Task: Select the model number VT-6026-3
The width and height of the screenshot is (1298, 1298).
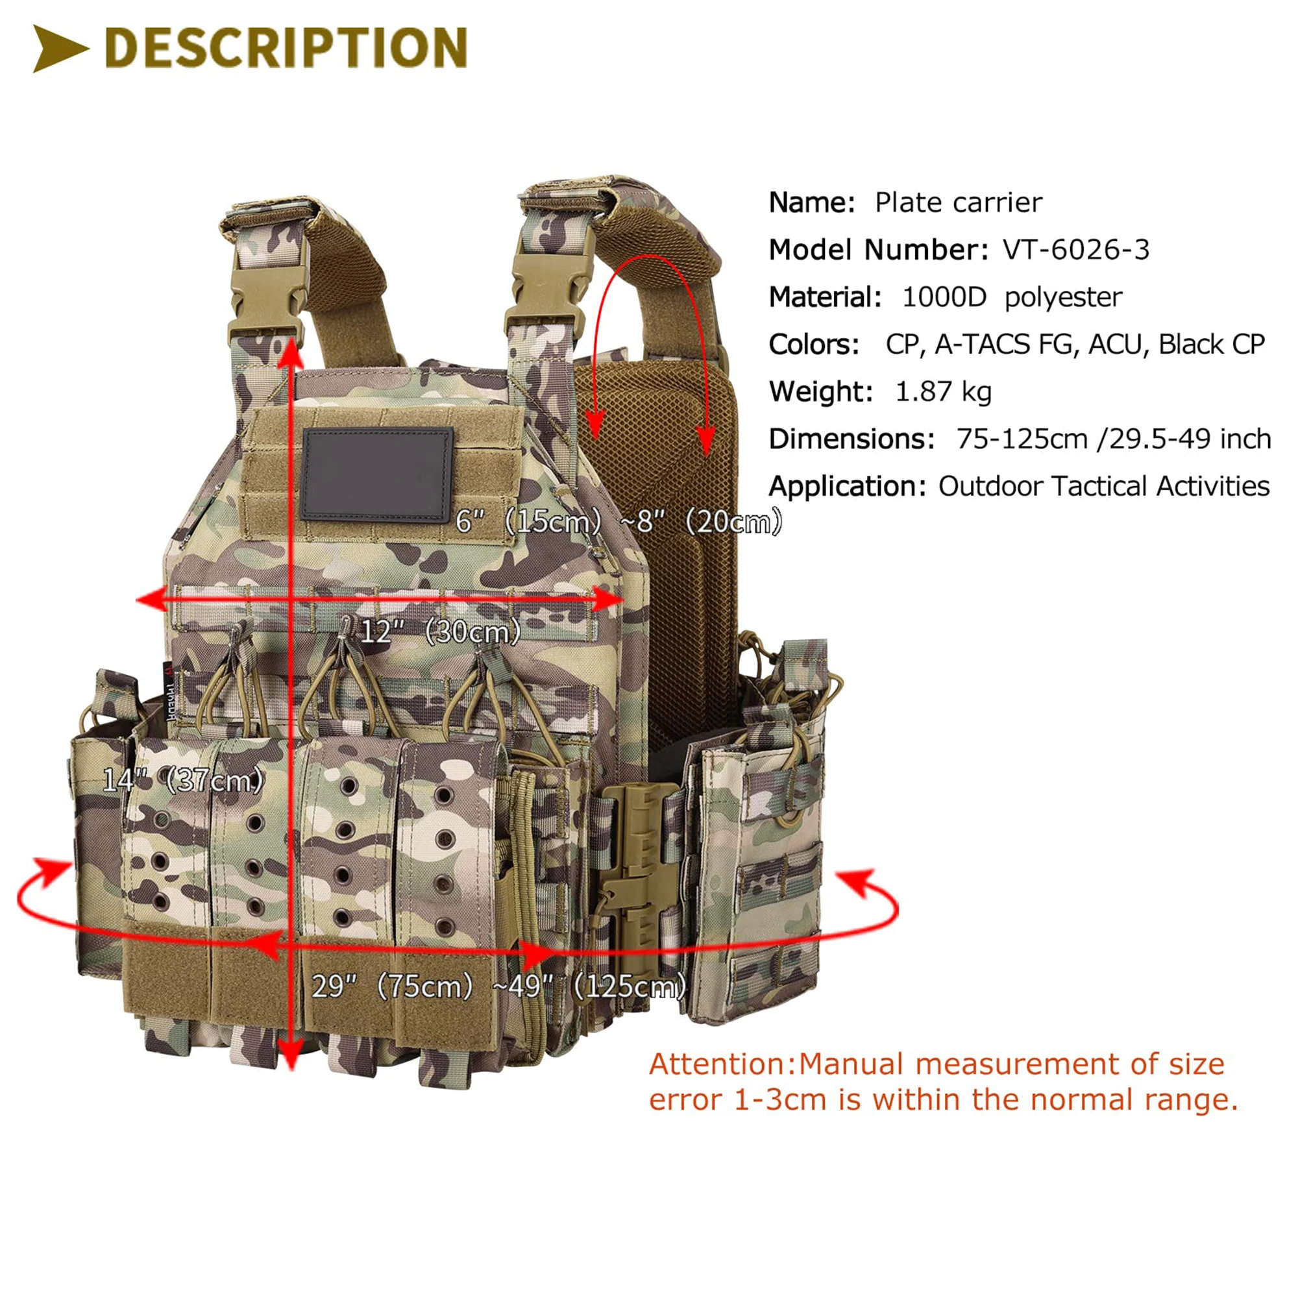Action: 1075,250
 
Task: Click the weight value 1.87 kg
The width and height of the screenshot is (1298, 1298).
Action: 943,392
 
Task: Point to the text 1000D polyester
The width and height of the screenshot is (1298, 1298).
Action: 1011,297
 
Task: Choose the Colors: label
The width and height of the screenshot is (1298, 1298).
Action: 814,345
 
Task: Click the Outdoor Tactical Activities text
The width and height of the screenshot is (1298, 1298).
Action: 1103,486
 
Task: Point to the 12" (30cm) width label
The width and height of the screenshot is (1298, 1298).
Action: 440,631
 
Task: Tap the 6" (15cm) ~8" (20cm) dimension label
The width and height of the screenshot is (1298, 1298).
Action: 618,521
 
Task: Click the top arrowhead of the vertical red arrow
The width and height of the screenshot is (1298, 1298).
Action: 290,349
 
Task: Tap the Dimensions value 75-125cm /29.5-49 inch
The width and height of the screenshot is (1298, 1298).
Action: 1113,439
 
